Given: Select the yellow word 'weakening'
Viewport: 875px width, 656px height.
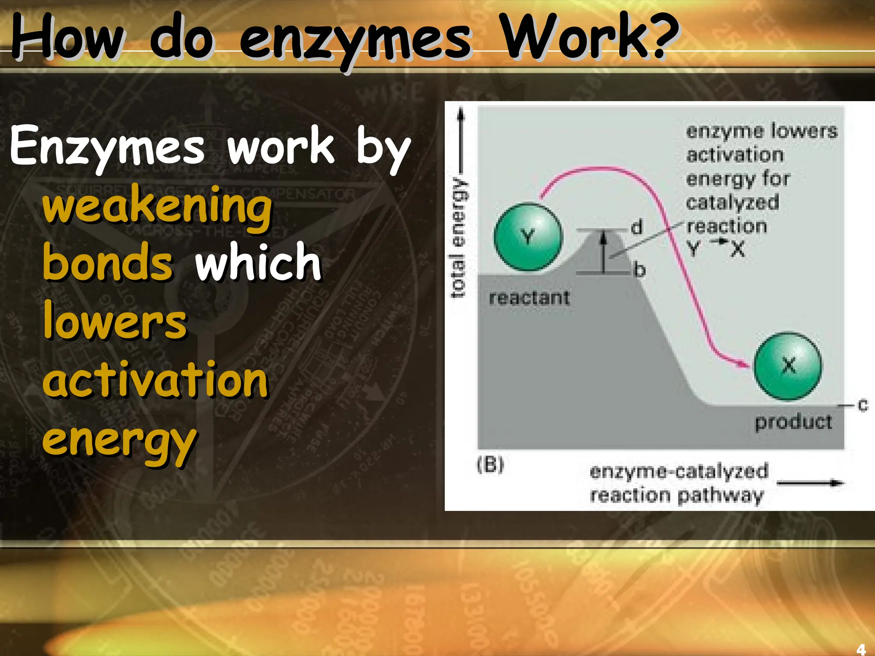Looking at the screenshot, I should point(157,207).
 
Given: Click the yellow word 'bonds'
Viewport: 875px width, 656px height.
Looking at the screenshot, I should point(108,262).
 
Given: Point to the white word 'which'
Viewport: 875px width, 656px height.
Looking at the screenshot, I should point(258,261).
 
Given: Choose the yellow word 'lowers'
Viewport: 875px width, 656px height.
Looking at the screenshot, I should point(115,320).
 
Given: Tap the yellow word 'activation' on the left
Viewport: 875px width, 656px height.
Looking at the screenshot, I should point(156,379).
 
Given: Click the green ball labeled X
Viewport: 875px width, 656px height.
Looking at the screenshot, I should point(787,366).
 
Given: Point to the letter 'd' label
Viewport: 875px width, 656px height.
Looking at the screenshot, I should point(637,227).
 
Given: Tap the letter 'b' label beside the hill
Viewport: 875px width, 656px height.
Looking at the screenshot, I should point(639,270).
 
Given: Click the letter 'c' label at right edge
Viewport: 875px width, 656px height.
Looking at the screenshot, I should point(863,404).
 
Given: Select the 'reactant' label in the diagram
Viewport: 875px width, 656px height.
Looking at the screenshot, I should point(529,298).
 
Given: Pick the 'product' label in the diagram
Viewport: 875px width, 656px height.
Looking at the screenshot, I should point(793,422).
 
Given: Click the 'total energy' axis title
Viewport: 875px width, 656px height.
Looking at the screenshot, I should point(458,237).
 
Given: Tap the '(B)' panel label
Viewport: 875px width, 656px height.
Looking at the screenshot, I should point(490,464).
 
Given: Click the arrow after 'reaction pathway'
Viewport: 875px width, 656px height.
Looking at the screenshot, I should point(810,483).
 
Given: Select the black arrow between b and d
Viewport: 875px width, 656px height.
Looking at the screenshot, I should point(603,252).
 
